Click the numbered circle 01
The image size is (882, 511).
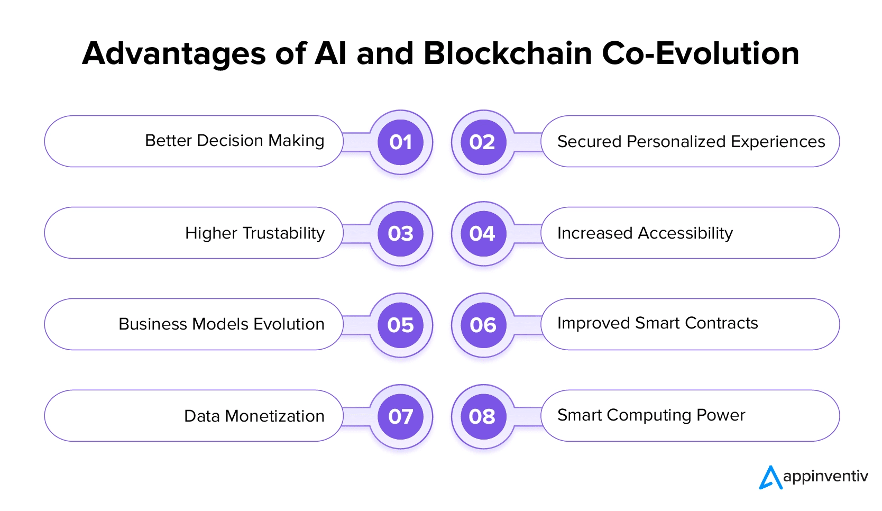400,142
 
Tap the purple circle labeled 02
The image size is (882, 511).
483,142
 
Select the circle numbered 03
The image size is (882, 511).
400,233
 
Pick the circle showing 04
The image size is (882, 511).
483,233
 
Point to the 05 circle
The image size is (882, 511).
400,325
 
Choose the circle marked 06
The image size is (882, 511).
483,325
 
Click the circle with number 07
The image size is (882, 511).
400,416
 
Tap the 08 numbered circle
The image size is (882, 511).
483,416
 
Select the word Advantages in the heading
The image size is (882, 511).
173,54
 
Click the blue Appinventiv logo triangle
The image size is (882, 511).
770,478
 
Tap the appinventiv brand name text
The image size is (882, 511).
825,477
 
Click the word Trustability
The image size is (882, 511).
283,233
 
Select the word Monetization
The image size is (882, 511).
274,416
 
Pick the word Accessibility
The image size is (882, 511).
685,233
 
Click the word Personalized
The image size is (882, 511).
676,142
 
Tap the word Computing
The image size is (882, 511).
649,416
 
